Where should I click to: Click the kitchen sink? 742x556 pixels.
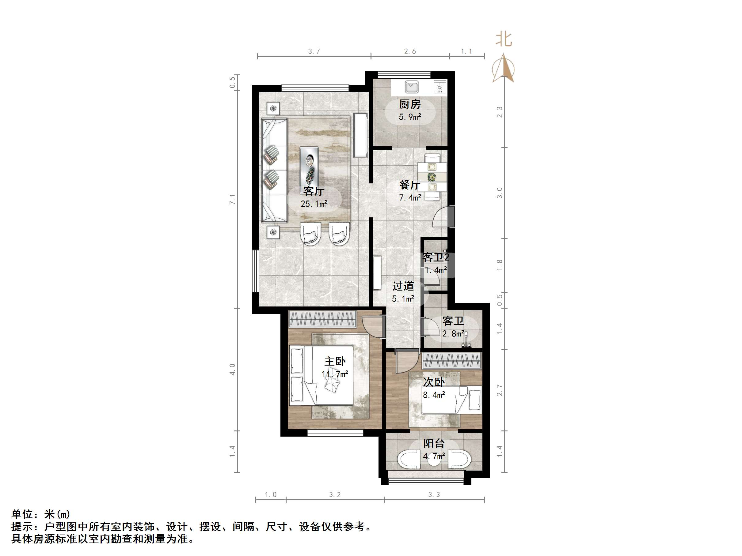click(x=411, y=87)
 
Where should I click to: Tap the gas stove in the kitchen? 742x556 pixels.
click(x=440, y=87)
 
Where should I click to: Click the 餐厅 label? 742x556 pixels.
click(x=409, y=185)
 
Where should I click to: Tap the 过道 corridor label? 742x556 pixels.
click(x=403, y=286)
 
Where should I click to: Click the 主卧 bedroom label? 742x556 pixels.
click(x=334, y=361)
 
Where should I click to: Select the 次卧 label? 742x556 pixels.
click(x=434, y=382)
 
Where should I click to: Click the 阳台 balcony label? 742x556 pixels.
click(x=434, y=443)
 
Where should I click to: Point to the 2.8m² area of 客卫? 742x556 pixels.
click(x=453, y=334)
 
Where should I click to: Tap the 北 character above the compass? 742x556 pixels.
click(x=504, y=39)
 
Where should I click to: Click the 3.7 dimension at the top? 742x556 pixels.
click(x=314, y=51)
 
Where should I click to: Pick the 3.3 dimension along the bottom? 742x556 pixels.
click(x=434, y=495)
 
